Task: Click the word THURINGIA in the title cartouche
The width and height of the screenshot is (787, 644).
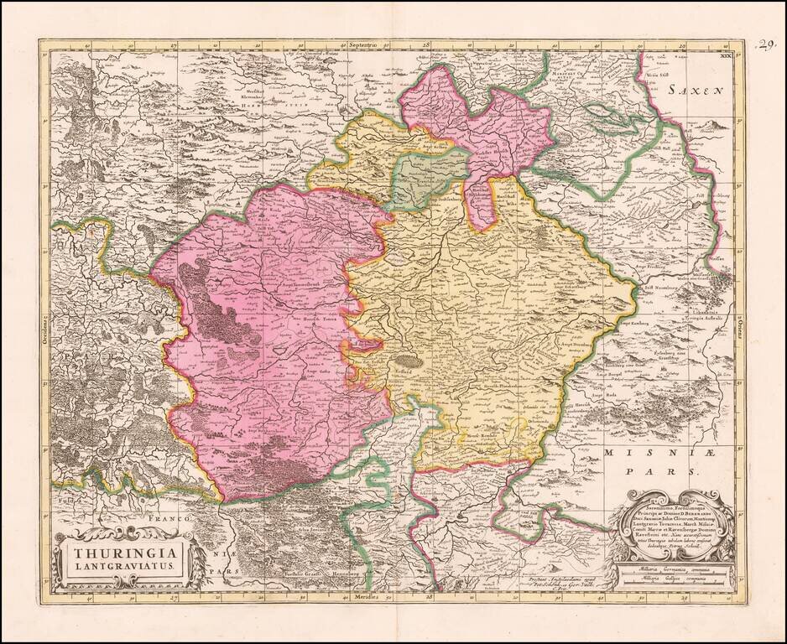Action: [x=122, y=553]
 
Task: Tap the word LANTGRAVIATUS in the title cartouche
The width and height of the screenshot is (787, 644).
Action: [x=122, y=567]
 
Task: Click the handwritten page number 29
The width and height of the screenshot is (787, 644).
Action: [x=766, y=44]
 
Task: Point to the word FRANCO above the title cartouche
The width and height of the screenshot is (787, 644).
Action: [x=173, y=520]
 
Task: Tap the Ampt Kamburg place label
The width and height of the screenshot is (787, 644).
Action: [x=639, y=321]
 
